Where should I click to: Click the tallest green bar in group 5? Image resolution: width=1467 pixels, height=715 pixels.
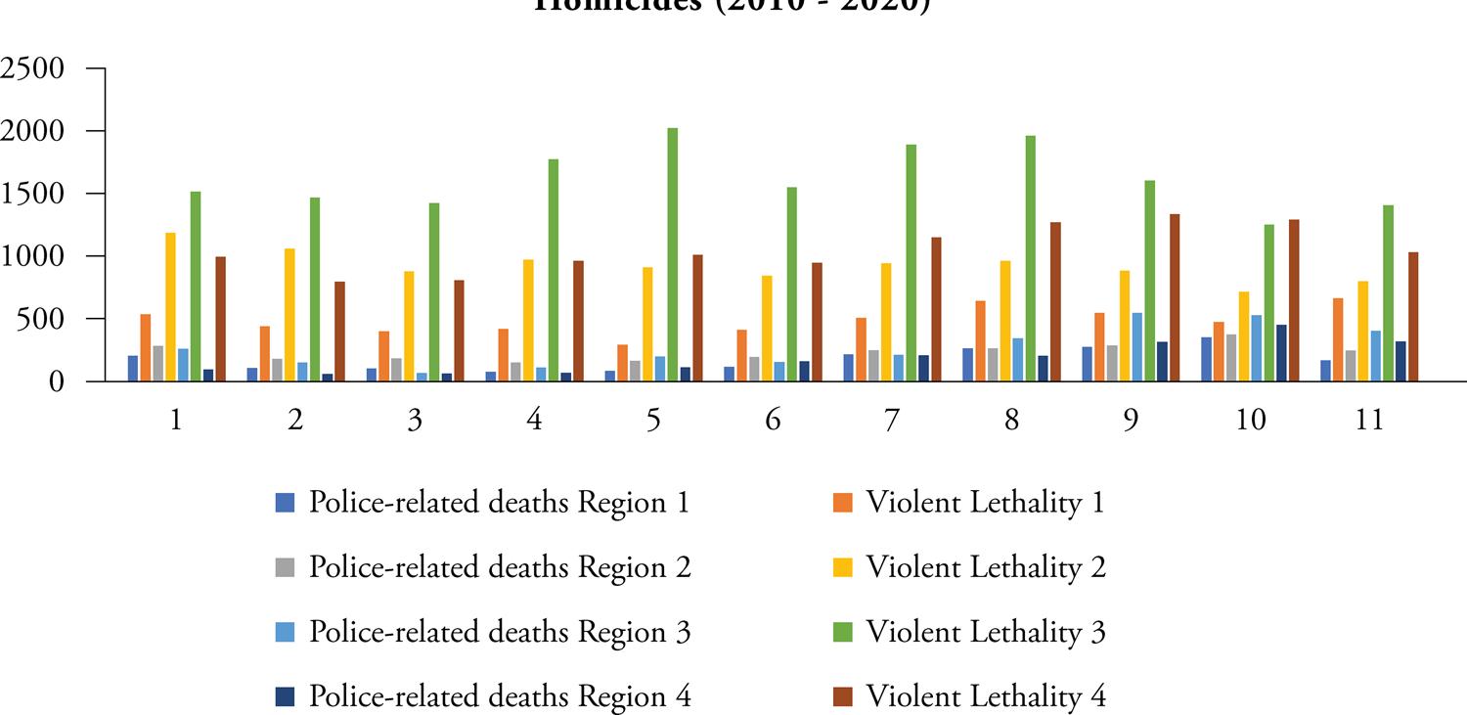pyautogui.click(x=672, y=254)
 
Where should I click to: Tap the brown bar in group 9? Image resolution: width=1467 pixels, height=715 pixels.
pyautogui.click(x=1175, y=297)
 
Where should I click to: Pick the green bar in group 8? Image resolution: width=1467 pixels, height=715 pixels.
pyautogui.click(x=1030, y=258)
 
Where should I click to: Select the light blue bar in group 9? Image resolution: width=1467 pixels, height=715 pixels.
pyautogui.click(x=1137, y=347)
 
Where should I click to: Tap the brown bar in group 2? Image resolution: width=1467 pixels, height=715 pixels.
pyautogui.click(x=339, y=332)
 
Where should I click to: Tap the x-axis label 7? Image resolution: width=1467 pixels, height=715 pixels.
pyautogui.click(x=892, y=420)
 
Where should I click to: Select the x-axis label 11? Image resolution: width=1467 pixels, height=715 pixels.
pyautogui.click(x=1369, y=420)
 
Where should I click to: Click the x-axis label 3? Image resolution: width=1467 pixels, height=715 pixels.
pyautogui.click(x=415, y=420)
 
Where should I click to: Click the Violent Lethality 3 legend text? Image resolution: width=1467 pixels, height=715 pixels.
pyautogui.click(x=985, y=633)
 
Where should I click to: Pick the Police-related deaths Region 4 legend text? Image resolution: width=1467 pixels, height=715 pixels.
pyautogui.click(x=500, y=697)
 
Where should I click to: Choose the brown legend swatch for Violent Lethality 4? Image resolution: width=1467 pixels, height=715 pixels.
pyautogui.click(x=843, y=697)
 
